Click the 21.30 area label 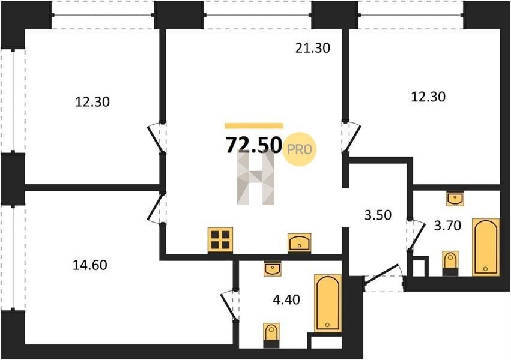pyautogui.click(x=312, y=48)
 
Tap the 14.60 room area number pyautogui.click(x=89, y=265)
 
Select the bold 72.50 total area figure pyautogui.click(x=253, y=145)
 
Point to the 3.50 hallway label pyautogui.click(x=378, y=215)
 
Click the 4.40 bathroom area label pyautogui.click(x=286, y=299)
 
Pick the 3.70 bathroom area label pyautogui.click(x=447, y=225)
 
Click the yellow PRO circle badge pyautogui.click(x=300, y=149)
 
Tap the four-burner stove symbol pyautogui.click(x=220, y=240)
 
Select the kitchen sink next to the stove pyautogui.click(x=300, y=243)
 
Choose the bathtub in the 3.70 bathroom pyautogui.click(x=486, y=247)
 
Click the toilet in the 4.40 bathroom pyautogui.click(x=271, y=335)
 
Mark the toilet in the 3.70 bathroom pyautogui.click(x=450, y=263)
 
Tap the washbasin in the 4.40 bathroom pyautogui.click(x=273, y=269)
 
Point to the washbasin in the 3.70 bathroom pyautogui.click(x=455, y=198)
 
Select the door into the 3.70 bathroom pyautogui.click(x=415, y=235)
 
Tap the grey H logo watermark pyautogui.click(x=256, y=178)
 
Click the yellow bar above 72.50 pyautogui.click(x=254, y=126)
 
